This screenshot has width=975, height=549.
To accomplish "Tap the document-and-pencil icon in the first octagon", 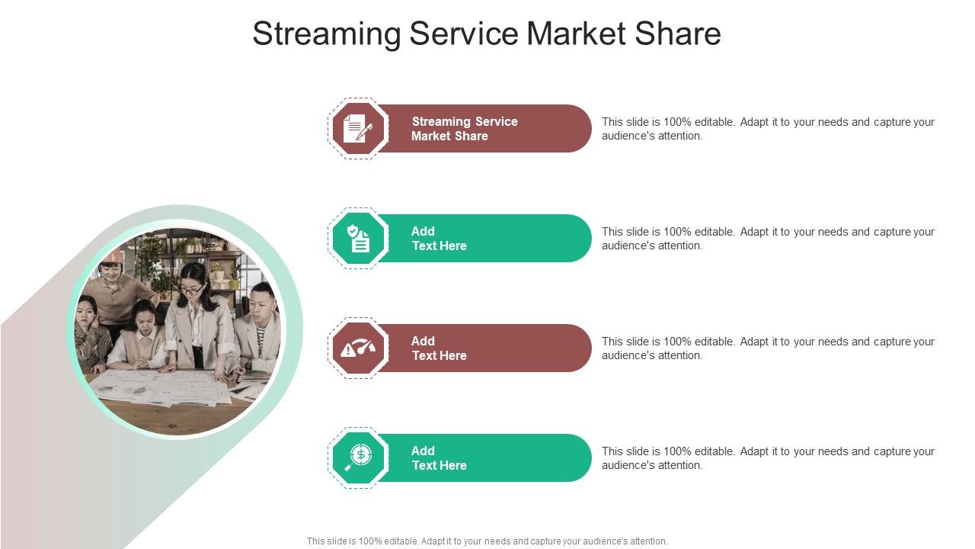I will (x=357, y=128).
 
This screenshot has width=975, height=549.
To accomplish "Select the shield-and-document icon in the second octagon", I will (x=357, y=238).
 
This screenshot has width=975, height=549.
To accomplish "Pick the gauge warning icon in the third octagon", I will (x=357, y=348).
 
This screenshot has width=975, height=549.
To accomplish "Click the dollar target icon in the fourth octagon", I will (x=357, y=457).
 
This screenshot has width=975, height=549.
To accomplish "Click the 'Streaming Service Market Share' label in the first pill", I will (x=463, y=129).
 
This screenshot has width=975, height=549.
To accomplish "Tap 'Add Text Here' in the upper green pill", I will (x=439, y=239).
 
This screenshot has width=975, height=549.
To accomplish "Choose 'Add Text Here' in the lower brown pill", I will (x=439, y=348).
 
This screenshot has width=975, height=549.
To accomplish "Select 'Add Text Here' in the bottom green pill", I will (x=439, y=458).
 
